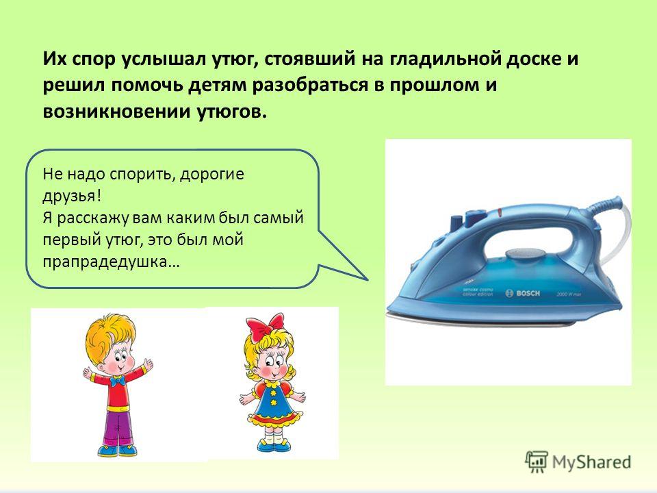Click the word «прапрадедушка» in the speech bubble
(111, 262)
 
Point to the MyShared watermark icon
(537, 462)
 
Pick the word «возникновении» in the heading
(116, 112)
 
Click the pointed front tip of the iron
(388, 308)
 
